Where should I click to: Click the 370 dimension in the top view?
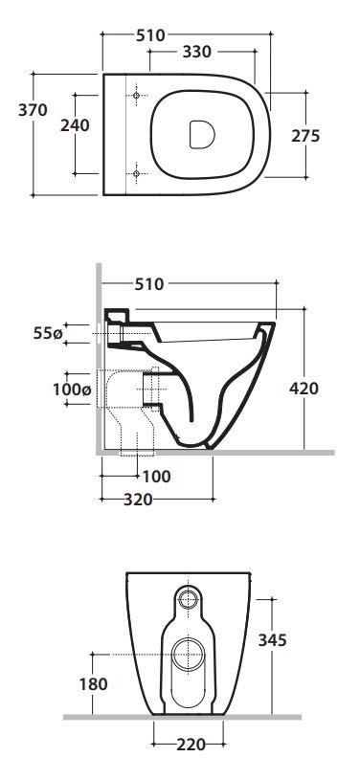click(33, 110)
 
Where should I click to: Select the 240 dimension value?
click(76, 125)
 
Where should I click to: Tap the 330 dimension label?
click(196, 52)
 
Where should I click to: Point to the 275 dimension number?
click(305, 136)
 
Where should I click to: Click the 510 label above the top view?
click(150, 35)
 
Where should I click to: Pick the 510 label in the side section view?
click(148, 284)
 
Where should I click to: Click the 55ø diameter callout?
click(48, 333)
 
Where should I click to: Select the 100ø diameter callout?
click(72, 390)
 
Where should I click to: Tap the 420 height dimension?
click(304, 389)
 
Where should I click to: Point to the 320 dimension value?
click(138, 500)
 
